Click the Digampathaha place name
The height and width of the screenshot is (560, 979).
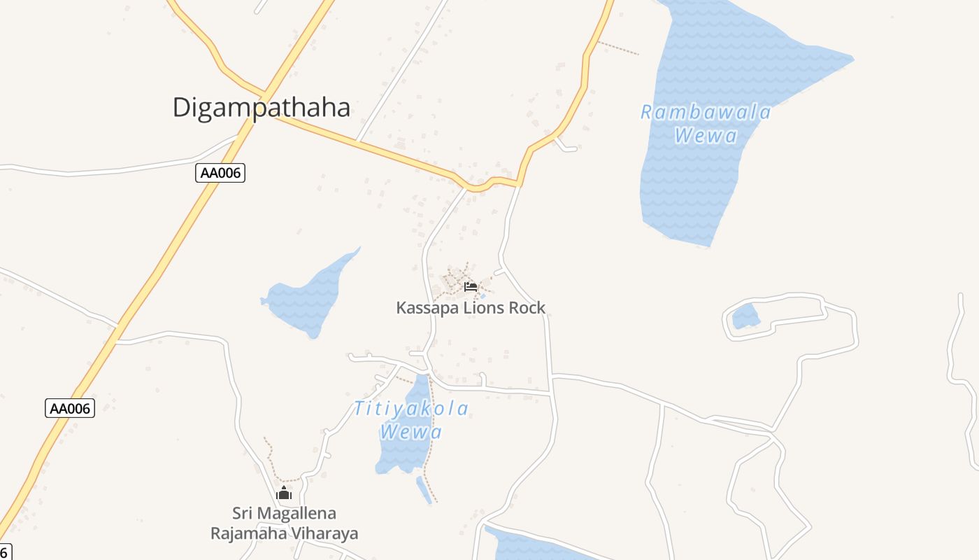tap(261, 108)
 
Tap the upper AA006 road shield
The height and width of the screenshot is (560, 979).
tap(220, 173)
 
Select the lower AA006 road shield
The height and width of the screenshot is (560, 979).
tap(70, 408)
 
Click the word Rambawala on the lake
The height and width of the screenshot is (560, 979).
tap(706, 112)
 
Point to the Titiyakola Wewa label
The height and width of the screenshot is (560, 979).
tap(411, 419)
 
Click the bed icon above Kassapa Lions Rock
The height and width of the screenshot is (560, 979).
tap(470, 286)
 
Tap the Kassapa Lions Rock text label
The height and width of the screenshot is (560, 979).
tap(471, 307)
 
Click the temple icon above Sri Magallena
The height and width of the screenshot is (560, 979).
tap(283, 493)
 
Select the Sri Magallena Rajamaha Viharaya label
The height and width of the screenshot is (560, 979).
tap(284, 523)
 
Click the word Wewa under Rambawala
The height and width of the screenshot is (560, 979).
tap(706, 136)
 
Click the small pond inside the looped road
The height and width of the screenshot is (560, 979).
tap(745, 317)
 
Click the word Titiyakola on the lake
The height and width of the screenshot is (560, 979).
tap(411, 408)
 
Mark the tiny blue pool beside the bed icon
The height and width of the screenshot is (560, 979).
tap(482, 295)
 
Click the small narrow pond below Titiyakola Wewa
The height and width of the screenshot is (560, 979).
tap(424, 489)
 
